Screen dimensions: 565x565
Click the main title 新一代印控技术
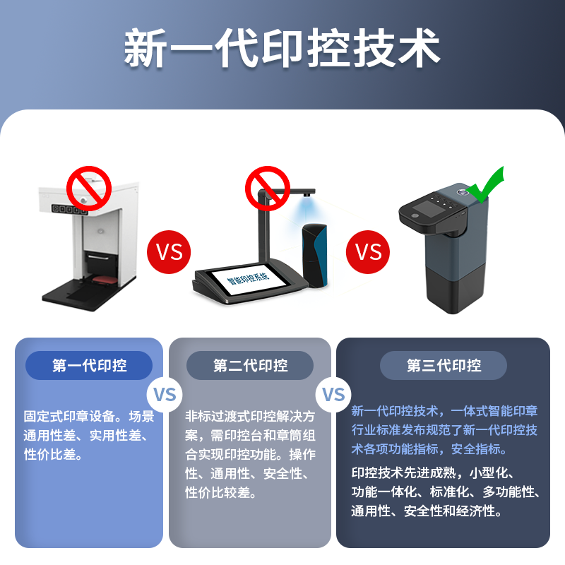pos(282,48)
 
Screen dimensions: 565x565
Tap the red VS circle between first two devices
pos(169,252)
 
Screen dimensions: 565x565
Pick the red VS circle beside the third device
pos(368,252)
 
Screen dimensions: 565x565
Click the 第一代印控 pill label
pos(89,365)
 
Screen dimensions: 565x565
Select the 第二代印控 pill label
pos(250,365)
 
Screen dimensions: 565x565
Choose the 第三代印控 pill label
pos(444,365)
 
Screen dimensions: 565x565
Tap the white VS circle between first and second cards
pos(165,395)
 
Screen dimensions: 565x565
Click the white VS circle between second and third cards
pos(333,395)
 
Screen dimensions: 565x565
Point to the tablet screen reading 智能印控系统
pos(249,280)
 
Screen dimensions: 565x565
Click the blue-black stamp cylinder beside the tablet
pos(314,255)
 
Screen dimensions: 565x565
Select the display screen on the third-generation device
pos(427,208)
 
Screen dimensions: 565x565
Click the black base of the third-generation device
pos(456,288)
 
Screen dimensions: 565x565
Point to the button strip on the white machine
pos(69,209)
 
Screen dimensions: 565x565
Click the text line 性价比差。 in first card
pos(54,454)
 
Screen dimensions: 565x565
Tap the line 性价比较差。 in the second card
pos(221,492)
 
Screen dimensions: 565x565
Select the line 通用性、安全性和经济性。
pos(427,511)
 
